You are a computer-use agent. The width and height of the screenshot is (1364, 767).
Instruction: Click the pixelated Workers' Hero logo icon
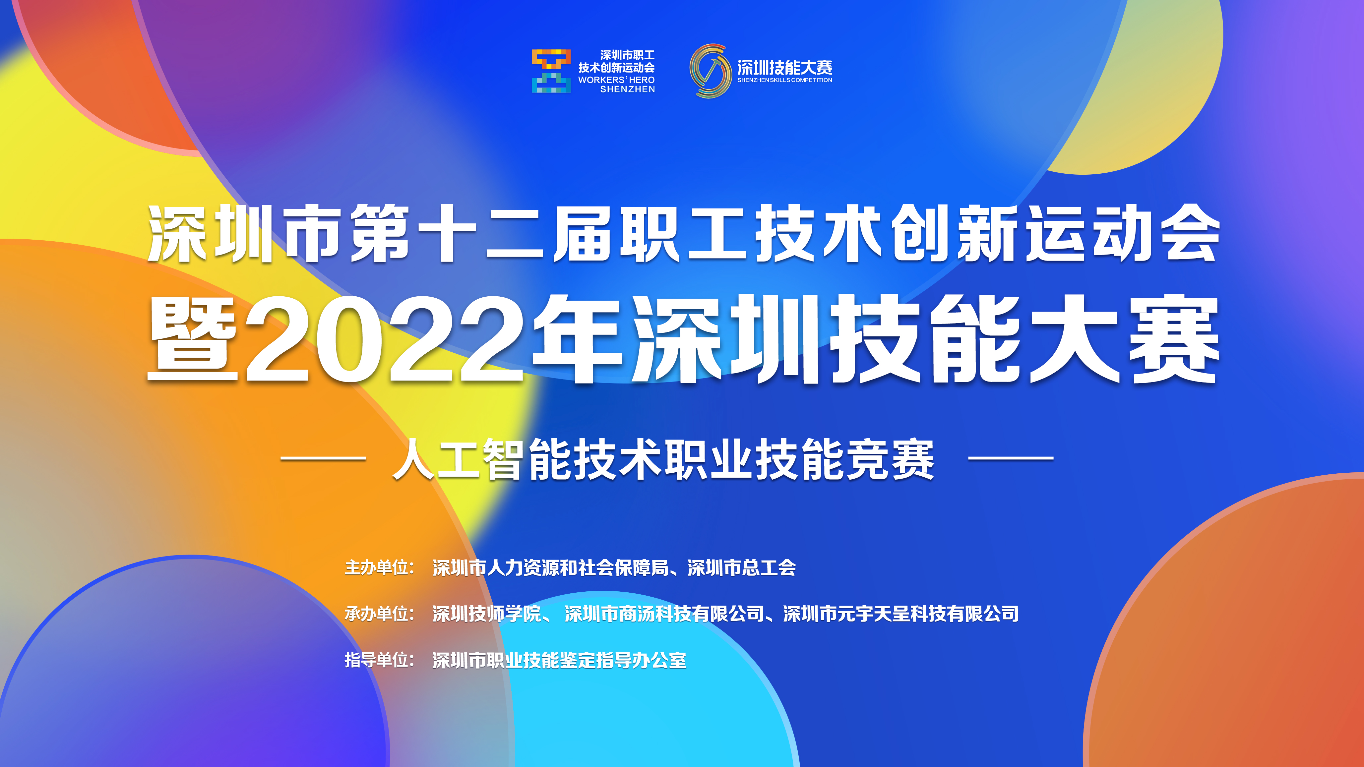(x=551, y=71)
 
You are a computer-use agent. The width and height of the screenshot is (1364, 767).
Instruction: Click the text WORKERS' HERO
(x=616, y=80)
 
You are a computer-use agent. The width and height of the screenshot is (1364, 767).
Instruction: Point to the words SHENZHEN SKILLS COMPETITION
(x=785, y=80)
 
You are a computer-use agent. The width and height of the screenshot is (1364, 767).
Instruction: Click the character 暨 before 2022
(x=193, y=339)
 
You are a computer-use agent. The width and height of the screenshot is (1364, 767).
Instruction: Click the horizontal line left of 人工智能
(x=323, y=458)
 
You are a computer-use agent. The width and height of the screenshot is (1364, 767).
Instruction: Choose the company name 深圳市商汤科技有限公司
(x=664, y=614)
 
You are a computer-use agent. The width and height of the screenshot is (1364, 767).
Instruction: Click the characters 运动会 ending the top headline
(x=1123, y=233)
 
